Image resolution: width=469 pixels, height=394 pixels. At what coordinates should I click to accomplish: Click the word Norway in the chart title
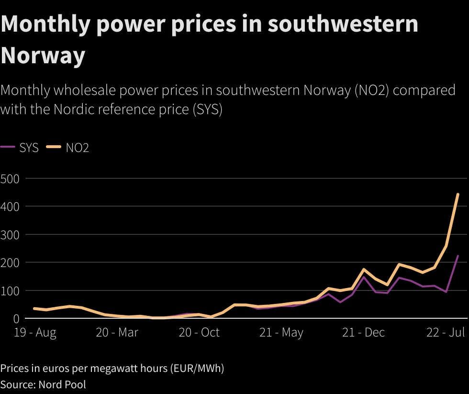click(x=43, y=56)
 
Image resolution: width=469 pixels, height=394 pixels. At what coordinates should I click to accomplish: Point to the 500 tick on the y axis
click(x=10, y=179)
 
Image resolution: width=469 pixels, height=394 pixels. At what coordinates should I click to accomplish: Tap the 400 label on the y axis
click(x=10, y=207)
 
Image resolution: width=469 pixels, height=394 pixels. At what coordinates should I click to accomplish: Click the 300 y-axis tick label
click(x=10, y=235)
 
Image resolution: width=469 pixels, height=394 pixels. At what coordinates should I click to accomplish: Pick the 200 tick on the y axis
click(x=10, y=263)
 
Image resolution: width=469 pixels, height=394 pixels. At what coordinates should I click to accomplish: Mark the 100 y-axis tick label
click(x=10, y=291)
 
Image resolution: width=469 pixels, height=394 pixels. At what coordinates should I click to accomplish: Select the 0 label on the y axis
click(x=16, y=319)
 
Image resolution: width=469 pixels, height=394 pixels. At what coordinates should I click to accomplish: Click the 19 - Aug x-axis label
click(x=34, y=333)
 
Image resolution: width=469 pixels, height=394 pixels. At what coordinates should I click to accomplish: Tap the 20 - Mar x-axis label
click(x=117, y=333)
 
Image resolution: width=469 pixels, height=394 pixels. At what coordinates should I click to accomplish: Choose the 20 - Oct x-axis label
click(x=199, y=333)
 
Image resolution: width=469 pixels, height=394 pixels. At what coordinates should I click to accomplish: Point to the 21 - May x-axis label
click(x=281, y=333)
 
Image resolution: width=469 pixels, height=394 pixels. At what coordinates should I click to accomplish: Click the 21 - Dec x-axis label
click(x=364, y=333)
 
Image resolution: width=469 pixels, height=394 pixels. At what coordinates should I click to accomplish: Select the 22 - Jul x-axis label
click(x=446, y=333)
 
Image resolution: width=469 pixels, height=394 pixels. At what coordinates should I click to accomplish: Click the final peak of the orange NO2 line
click(x=458, y=194)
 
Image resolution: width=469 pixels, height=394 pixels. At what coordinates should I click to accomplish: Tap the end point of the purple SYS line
click(x=458, y=256)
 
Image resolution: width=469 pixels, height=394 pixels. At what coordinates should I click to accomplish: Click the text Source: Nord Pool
click(x=43, y=384)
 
